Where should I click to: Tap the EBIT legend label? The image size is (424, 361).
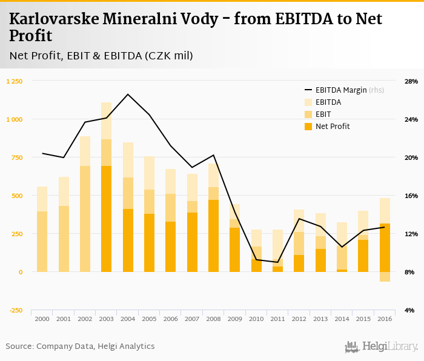[x=323, y=114]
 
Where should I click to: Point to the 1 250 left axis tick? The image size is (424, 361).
[x=14, y=81]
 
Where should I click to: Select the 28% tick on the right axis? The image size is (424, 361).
[x=411, y=81]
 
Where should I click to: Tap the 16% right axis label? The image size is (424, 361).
[x=411, y=196]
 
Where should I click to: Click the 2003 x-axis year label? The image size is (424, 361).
[x=106, y=319]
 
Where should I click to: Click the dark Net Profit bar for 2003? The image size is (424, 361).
[x=106, y=218]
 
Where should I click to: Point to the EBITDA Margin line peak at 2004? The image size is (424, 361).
[x=128, y=94]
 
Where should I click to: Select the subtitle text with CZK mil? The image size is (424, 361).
[x=101, y=56]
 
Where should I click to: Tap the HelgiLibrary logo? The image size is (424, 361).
[x=381, y=346]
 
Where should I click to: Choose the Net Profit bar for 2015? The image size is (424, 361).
[x=363, y=256]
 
